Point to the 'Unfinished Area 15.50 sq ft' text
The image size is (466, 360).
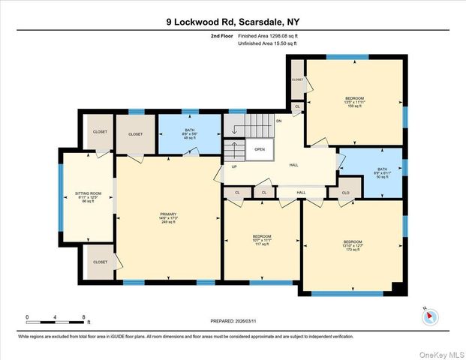point(267,43)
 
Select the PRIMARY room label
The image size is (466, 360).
point(168,218)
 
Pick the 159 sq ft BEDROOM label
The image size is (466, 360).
point(354,102)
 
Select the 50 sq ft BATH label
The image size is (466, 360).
point(383,173)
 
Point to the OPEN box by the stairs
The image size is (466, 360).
point(260,148)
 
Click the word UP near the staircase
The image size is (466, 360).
point(234,166)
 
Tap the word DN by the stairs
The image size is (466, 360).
point(278,121)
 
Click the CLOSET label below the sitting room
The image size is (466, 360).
point(100,262)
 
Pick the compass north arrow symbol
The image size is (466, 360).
point(429,315)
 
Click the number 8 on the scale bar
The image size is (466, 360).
point(83,317)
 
